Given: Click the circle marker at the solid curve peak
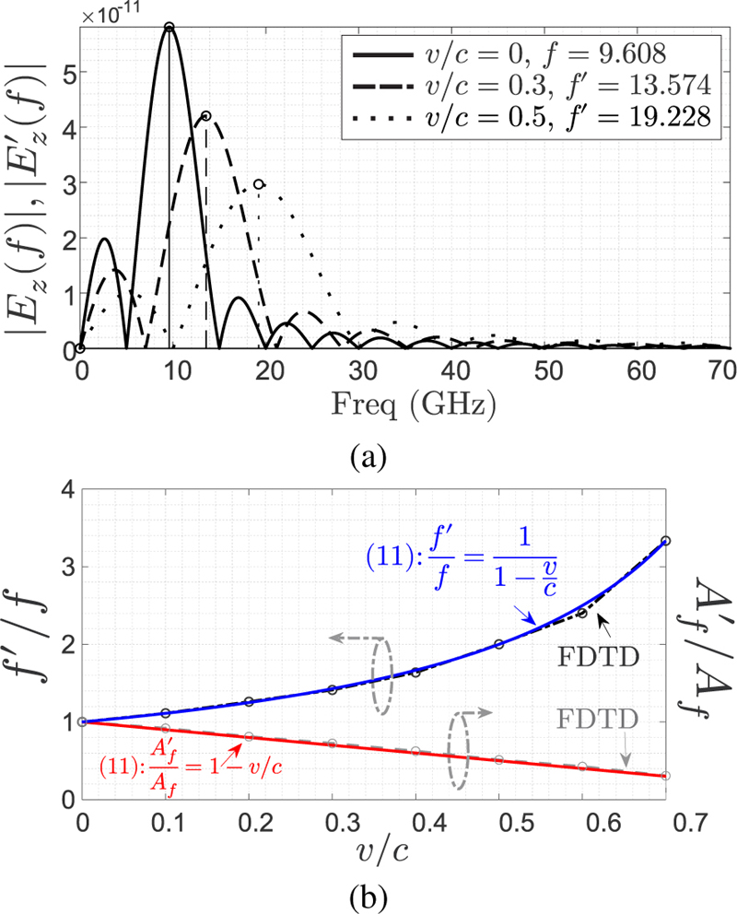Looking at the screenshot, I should [x=170, y=27].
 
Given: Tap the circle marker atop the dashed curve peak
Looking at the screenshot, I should [x=206, y=116].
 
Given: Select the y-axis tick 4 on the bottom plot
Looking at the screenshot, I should [x=65, y=488].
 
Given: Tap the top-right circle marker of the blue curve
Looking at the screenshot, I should [x=665, y=541].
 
